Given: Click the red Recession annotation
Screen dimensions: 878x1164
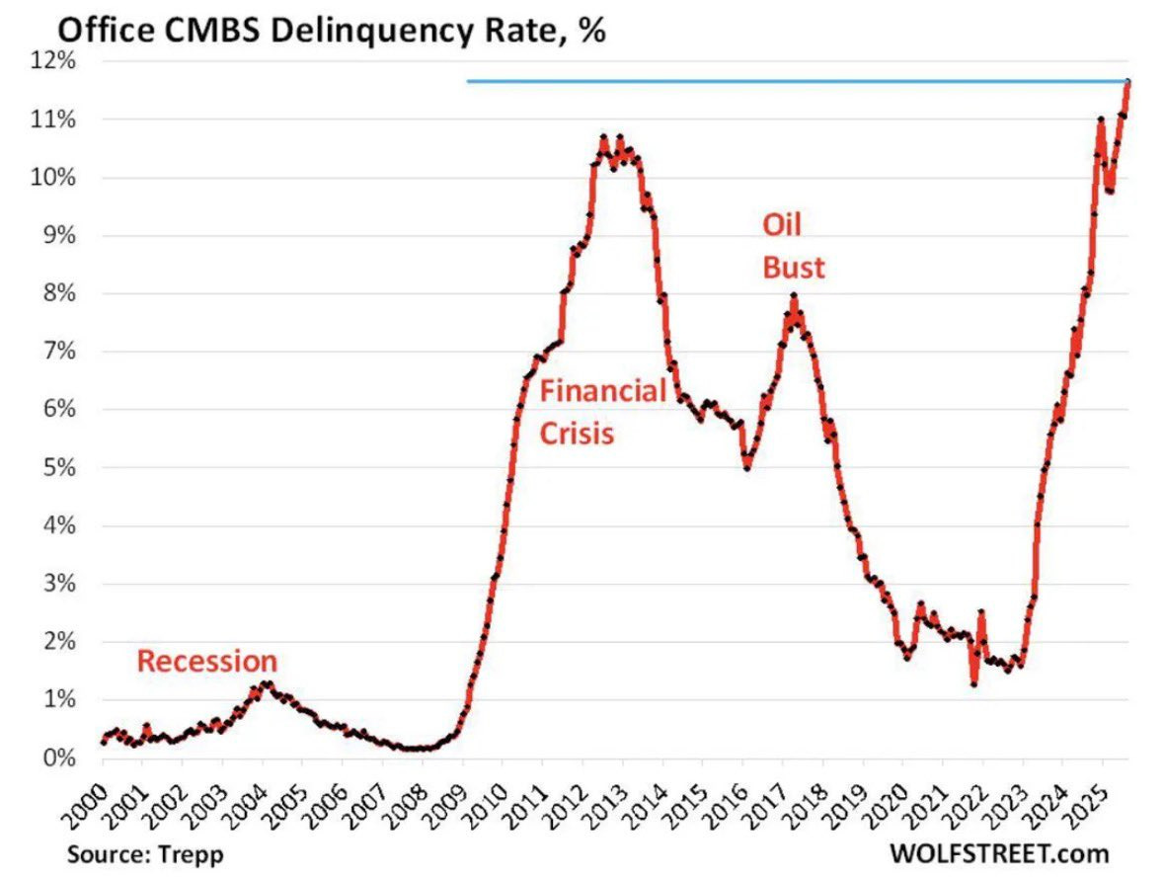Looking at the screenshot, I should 206,661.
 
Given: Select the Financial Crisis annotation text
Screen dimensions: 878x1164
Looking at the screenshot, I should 602,412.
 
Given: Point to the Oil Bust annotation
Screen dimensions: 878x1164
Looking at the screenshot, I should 793,246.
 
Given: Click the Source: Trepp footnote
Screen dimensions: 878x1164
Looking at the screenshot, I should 146,852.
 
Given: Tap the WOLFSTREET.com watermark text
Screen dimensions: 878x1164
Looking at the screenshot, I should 998,852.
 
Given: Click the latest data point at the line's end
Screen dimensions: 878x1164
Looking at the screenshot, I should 1127,82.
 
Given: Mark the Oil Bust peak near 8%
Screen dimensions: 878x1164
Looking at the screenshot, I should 793,295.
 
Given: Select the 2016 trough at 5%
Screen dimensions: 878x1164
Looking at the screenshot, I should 747,467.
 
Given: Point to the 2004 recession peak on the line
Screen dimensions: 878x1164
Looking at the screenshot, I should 264,683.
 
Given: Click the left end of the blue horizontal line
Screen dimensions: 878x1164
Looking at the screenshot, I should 468,81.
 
